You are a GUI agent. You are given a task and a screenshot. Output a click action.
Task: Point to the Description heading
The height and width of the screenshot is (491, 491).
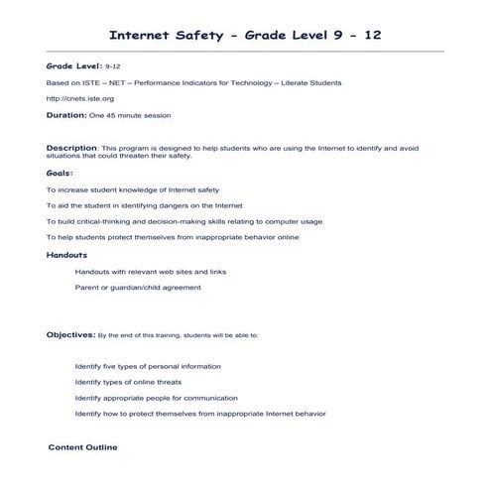point(71,147)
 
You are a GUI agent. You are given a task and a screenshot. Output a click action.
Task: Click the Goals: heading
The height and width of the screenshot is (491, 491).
point(60,172)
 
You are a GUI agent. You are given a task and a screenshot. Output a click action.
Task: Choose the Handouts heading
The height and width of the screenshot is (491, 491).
point(66,255)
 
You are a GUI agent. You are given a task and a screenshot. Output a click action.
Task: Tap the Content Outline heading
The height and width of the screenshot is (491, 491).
point(82,447)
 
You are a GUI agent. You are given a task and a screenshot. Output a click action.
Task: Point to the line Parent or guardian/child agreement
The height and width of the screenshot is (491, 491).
point(137,288)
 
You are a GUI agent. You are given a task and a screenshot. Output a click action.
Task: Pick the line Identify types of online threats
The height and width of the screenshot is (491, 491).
point(128,382)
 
